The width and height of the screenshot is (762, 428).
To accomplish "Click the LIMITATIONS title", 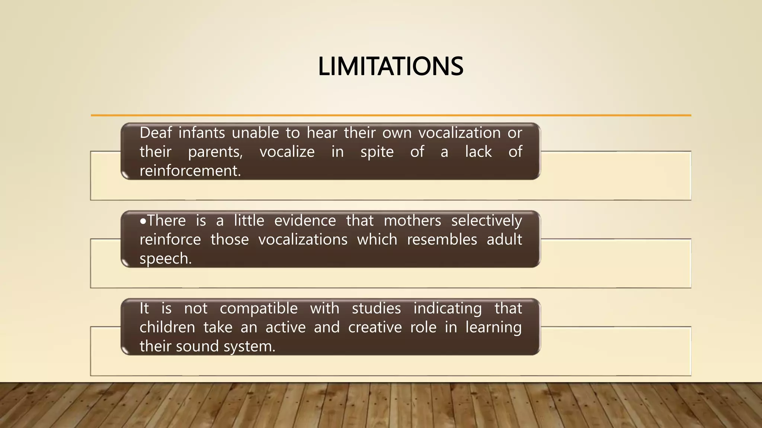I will pos(390,67).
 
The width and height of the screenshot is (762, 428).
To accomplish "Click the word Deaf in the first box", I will pos(156,133).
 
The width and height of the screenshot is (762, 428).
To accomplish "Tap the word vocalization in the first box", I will pos(459,133).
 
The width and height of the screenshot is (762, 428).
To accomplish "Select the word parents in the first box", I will pos(215,152).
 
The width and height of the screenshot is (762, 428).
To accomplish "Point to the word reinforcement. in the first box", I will pos(190,171).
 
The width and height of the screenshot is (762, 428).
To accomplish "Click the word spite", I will pos(377,152).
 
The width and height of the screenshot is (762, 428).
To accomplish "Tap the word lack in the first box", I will pos(478,152).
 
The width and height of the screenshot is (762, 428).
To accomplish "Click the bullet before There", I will pos(143,221).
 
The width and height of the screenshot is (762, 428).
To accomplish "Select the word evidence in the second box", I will pos(305,221).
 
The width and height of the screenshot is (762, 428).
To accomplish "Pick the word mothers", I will pos(412,221).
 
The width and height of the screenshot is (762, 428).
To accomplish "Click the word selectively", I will pos(486,221).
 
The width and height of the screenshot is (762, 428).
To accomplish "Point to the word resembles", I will pos(442,240).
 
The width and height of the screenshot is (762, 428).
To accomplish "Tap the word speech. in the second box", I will pos(166,259).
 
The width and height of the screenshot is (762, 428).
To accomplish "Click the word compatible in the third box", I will pos(259,308).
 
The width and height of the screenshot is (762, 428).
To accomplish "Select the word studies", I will pos(376,308).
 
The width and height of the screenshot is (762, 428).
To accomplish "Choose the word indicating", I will pos(447,309).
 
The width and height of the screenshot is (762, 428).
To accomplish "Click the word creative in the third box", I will pos(375,327).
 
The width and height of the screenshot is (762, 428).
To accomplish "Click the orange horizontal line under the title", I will pos(391,116).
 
